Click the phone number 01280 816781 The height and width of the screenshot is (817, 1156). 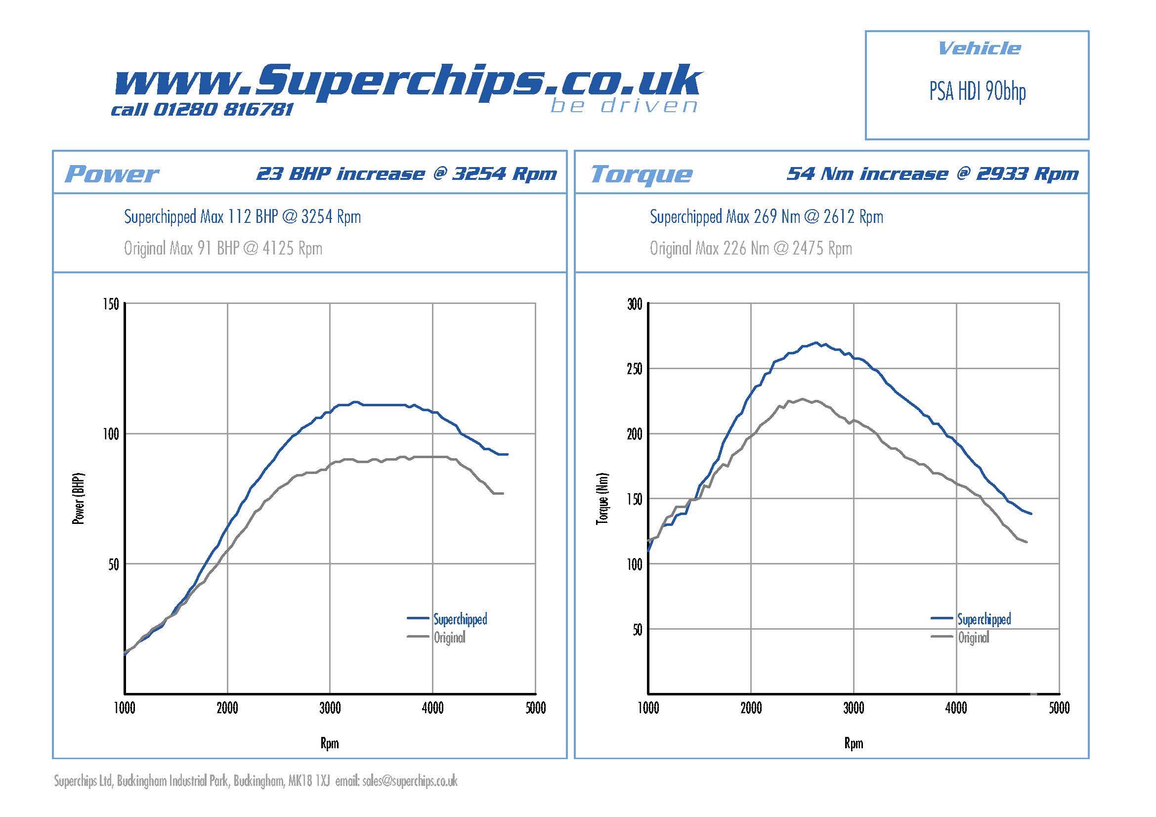[x=222, y=109]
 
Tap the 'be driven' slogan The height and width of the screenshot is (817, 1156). [x=624, y=106]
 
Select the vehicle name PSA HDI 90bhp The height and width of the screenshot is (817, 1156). [x=977, y=92]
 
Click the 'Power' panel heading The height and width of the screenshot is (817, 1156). [x=111, y=173]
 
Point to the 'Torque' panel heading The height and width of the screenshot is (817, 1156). [x=641, y=174]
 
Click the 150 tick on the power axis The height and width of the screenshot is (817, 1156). [x=111, y=304]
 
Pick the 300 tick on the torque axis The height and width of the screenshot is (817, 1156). [x=635, y=304]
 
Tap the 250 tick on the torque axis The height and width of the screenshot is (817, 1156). [x=635, y=369]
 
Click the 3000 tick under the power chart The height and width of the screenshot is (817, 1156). [x=330, y=708]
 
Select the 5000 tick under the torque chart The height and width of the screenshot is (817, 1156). [x=1059, y=708]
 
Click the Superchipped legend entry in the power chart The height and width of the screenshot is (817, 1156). [x=460, y=619]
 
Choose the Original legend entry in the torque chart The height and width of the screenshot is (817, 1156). [x=973, y=638]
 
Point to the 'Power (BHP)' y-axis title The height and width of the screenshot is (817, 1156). [x=79, y=498]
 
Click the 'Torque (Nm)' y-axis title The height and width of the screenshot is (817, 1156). [x=602, y=498]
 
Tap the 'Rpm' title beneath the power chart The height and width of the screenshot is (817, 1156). [x=330, y=743]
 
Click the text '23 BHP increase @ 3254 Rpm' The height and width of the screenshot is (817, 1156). [x=406, y=173]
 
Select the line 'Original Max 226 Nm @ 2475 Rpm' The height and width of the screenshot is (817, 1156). [x=750, y=248]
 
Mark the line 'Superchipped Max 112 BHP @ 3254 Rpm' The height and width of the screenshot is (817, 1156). [x=242, y=217]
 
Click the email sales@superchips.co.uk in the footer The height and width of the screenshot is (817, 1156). [x=409, y=781]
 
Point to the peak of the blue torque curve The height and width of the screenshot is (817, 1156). [x=816, y=343]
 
